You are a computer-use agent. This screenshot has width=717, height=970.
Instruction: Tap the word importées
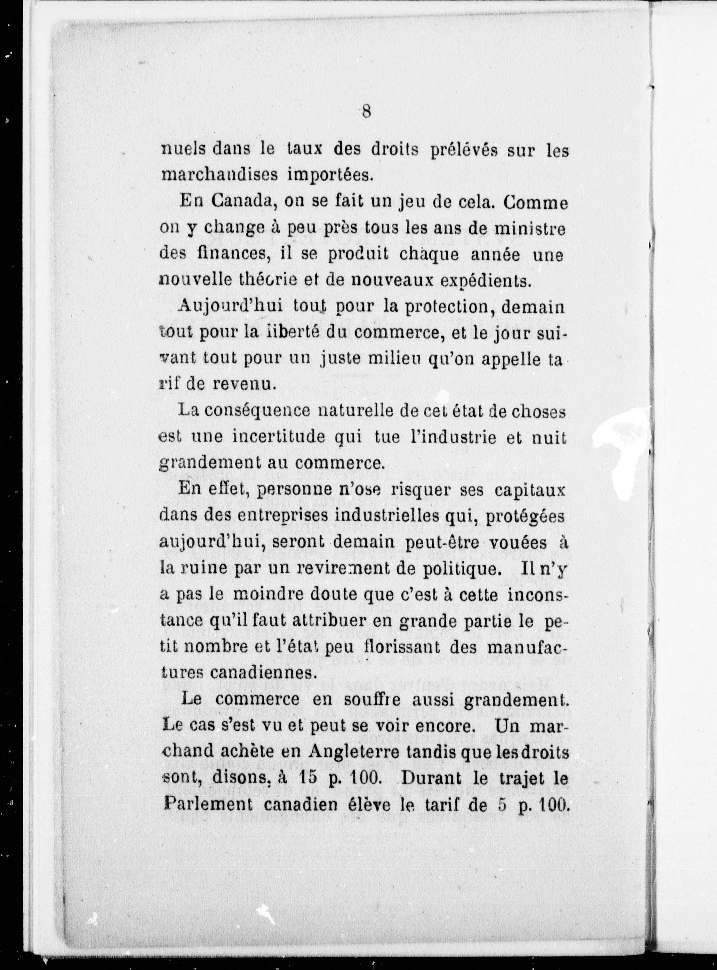point(331,175)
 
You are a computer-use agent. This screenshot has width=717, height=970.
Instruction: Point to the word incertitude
point(278,438)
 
